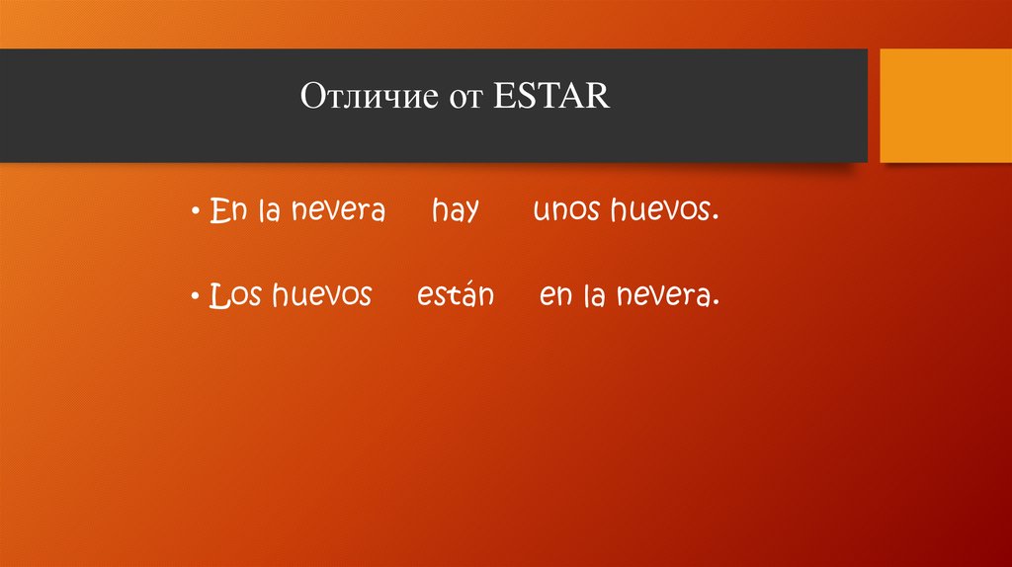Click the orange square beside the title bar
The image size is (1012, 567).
(x=946, y=106)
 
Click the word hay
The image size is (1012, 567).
(x=455, y=212)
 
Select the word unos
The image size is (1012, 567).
(x=567, y=211)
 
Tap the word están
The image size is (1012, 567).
(x=455, y=295)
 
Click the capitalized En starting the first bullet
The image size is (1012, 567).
(x=226, y=211)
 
